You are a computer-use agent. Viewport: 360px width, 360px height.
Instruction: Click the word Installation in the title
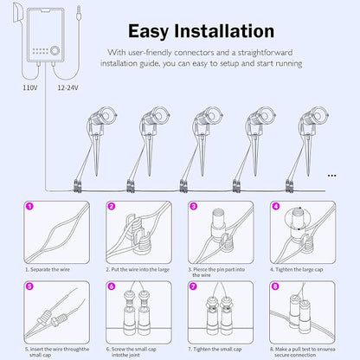[x=224, y=31]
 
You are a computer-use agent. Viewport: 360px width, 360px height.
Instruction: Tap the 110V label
[x=30, y=87]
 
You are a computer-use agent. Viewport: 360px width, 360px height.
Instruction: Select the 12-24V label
[x=67, y=87]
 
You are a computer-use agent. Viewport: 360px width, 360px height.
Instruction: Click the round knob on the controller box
[x=55, y=50]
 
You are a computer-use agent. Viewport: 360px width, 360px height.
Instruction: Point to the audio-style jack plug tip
[x=78, y=14]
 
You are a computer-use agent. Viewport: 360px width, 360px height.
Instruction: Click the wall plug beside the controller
[x=17, y=14]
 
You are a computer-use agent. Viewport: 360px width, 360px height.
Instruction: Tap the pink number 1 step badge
[x=29, y=206]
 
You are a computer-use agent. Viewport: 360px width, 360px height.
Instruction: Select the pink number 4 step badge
[x=276, y=206]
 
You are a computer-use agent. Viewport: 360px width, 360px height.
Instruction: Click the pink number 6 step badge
[x=112, y=286]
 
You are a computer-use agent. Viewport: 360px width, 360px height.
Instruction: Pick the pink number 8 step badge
[x=275, y=286]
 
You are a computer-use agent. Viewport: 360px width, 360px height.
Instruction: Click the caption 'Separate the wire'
[x=48, y=269]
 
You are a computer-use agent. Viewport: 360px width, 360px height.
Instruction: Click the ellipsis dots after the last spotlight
[x=332, y=176]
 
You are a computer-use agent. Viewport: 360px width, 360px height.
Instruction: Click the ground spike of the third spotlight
[x=202, y=156]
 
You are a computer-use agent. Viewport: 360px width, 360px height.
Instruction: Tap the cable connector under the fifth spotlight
[x=289, y=186]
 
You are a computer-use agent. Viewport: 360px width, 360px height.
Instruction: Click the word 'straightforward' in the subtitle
[x=265, y=53]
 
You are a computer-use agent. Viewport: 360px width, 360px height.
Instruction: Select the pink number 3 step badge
[x=194, y=206]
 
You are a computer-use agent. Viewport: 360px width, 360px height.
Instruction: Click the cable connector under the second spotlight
[x=131, y=186]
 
